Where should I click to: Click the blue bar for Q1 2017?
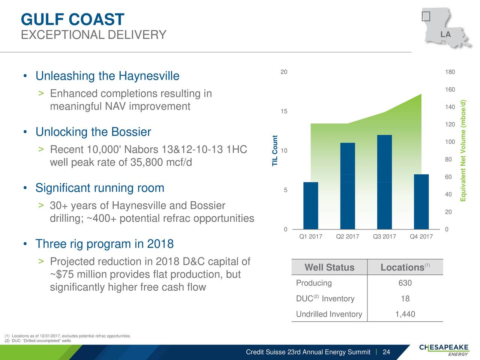tap(310, 205)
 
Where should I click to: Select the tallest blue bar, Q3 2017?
tap(384, 182)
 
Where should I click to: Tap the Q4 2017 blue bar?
tap(421, 202)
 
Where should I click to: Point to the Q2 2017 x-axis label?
tap(348, 237)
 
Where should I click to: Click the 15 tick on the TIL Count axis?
tap(284, 111)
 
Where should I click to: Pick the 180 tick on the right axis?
tap(450, 72)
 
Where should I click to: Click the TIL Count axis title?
tap(274, 151)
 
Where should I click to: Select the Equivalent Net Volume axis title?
tap(463, 151)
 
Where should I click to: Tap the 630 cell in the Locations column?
tap(405, 283)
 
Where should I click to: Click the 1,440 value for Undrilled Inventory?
tap(405, 314)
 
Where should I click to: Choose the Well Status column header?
tap(329, 267)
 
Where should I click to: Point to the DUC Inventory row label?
tap(325, 298)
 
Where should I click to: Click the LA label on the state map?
tap(445, 34)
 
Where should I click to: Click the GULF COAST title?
tap(73, 19)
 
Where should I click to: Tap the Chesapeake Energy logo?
tap(444, 350)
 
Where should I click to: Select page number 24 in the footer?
tap(386, 352)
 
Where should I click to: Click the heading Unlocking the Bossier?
tap(93, 132)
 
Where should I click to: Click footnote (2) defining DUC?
tap(38, 340)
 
